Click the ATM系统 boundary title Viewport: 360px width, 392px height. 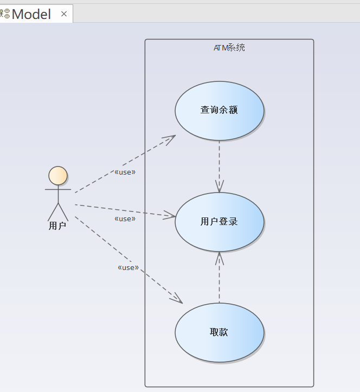(x=229, y=48)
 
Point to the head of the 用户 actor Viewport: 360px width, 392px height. (x=58, y=176)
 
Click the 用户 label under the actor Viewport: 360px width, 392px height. (x=57, y=226)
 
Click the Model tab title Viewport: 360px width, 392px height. (x=31, y=14)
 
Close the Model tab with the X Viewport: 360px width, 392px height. (x=64, y=14)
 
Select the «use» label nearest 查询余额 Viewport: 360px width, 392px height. (x=125, y=172)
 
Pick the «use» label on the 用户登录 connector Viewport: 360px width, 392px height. (x=125, y=219)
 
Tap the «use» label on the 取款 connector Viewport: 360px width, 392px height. (x=128, y=267)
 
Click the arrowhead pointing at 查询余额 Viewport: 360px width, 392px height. (x=170, y=138)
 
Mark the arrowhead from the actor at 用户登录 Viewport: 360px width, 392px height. (x=170, y=216)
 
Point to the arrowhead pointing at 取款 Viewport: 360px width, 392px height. (x=177, y=299)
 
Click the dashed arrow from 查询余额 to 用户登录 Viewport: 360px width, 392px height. (x=219, y=163)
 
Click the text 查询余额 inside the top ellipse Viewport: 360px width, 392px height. (x=219, y=110)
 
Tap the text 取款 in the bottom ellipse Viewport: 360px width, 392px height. (x=219, y=332)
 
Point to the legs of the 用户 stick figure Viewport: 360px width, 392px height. (x=58, y=211)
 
